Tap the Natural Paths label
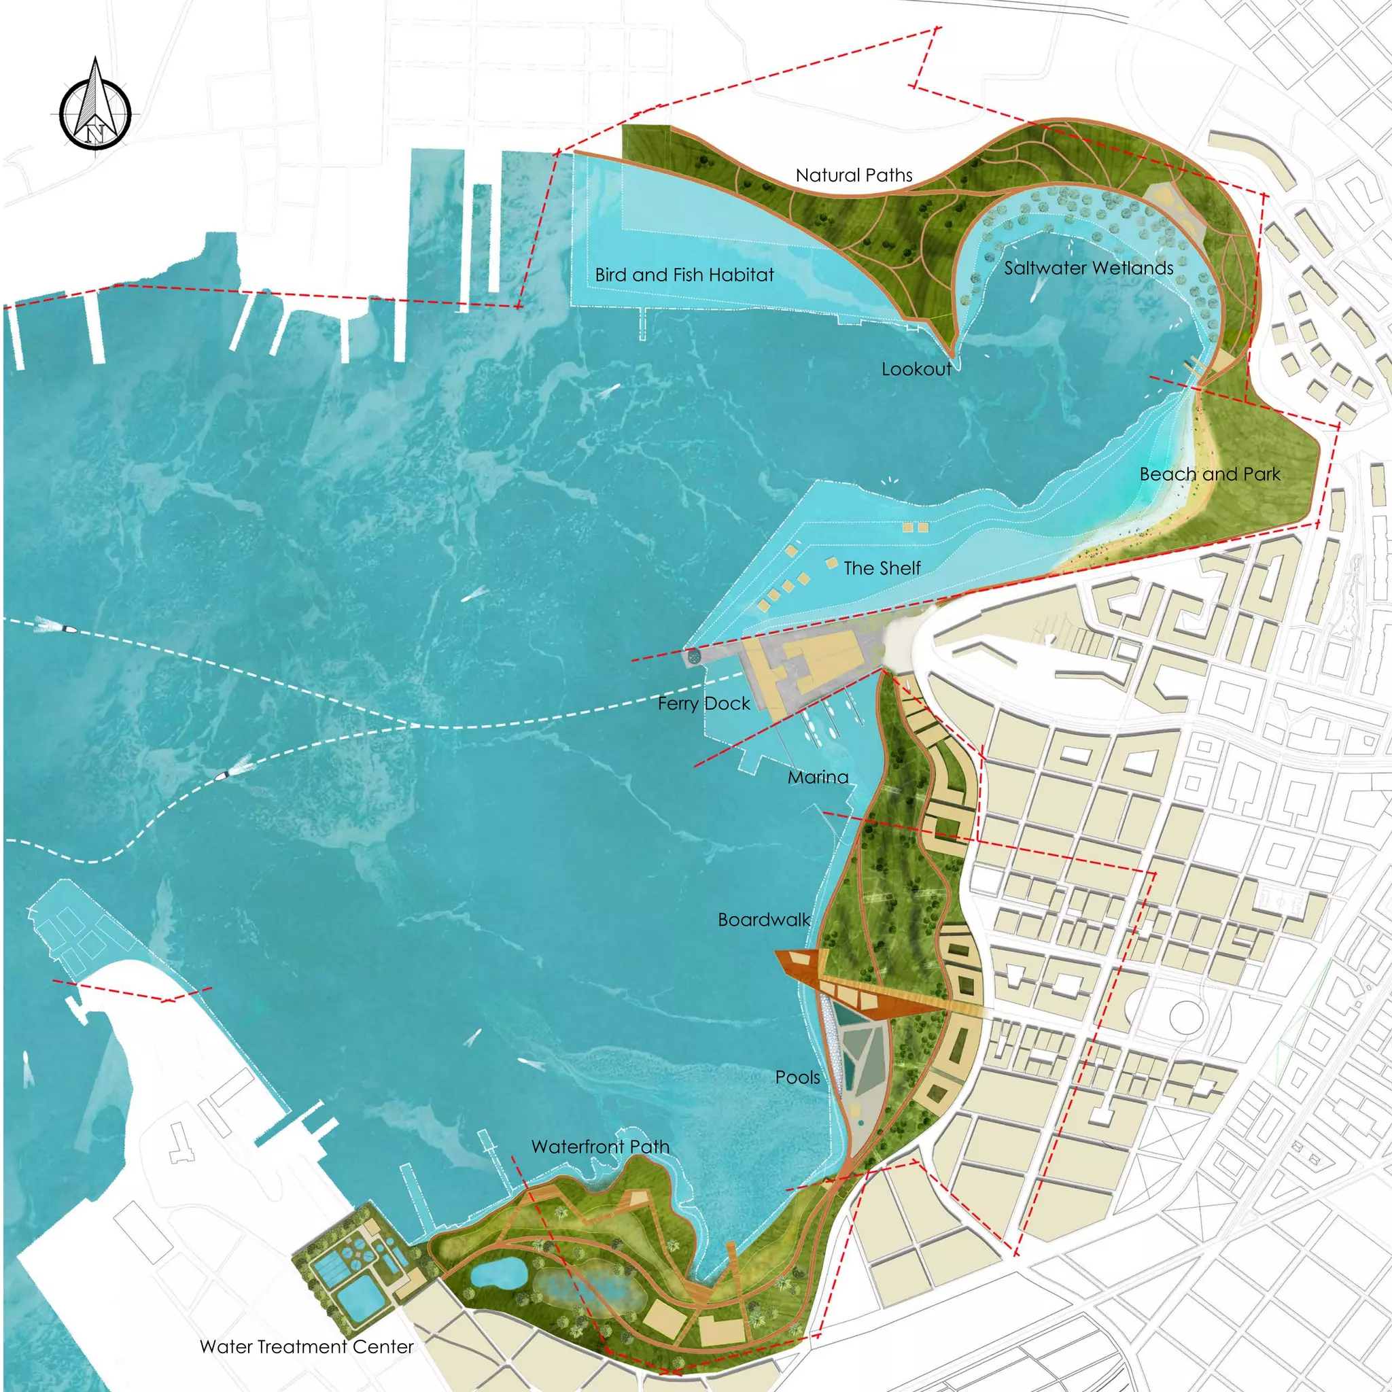tap(854, 175)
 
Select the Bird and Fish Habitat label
tap(684, 275)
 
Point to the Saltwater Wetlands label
tap(1089, 268)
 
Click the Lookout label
tap(916, 369)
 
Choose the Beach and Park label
tap(1210, 474)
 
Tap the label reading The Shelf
tap(882, 568)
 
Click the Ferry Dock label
tap(704, 703)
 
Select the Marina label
tap(818, 777)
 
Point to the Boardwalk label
tap(764, 920)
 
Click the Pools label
tap(797, 1077)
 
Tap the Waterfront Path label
tap(600, 1147)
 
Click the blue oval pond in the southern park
tap(496, 1274)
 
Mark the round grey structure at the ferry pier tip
tap(694, 656)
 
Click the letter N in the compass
tap(96, 133)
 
